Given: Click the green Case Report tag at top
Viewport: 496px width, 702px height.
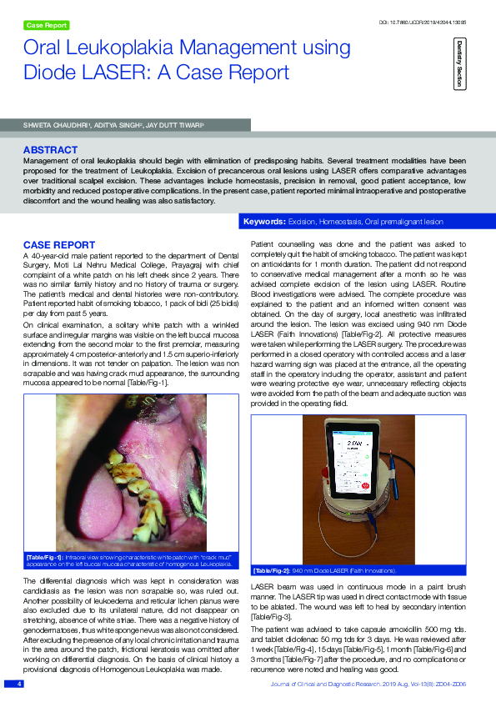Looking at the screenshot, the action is [47, 26].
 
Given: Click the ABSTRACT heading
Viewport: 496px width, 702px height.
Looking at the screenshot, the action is [51, 150].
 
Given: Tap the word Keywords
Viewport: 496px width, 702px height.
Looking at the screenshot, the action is [263, 222].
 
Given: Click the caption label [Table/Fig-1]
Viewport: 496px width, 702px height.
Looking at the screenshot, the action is [42, 556].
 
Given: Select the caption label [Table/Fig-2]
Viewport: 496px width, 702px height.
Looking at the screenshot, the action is [270, 571].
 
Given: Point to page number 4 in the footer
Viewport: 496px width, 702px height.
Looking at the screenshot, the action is [11, 684].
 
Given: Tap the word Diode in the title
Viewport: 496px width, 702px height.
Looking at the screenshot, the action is [49, 73].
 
